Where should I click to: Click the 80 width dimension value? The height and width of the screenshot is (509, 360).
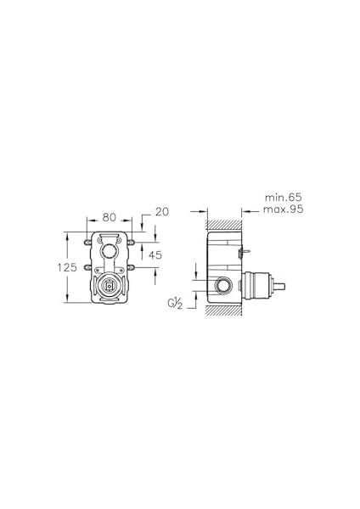[x=110, y=217]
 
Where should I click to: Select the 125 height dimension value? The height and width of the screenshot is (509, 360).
[x=67, y=267]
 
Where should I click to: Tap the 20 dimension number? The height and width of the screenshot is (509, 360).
[x=162, y=211]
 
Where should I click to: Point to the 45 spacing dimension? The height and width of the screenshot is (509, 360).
[x=155, y=255]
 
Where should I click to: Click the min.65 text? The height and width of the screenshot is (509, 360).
[x=284, y=197]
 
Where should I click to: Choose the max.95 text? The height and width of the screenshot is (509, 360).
[x=283, y=209]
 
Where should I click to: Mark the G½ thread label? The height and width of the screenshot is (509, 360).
[x=175, y=304]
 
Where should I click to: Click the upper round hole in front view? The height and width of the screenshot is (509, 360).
[x=108, y=250]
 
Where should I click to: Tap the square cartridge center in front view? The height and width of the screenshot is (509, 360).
[x=109, y=286]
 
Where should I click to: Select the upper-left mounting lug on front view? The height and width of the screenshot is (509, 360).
[x=87, y=243]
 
